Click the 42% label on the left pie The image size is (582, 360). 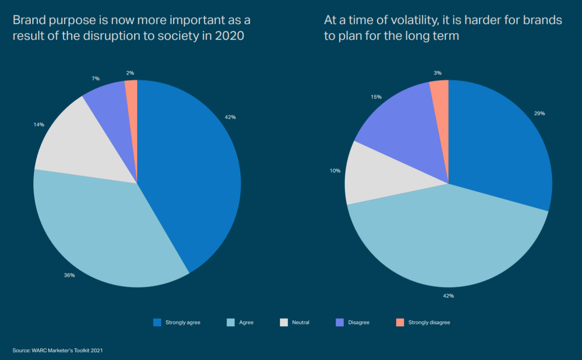[230, 117]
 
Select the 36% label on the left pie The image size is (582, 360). [69, 275]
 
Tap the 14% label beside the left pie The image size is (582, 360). [39, 124]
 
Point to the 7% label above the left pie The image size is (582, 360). [95, 78]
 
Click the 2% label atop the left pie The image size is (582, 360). [130, 73]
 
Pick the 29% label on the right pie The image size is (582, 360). [539, 113]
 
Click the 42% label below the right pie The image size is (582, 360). [448, 296]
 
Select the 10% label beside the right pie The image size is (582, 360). [335, 171]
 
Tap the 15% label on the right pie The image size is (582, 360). [376, 97]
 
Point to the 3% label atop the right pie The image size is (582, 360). [438, 73]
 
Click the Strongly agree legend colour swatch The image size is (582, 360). [157, 322]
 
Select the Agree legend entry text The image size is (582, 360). [246, 322]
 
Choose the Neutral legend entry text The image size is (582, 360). [300, 322]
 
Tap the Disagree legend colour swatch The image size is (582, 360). [340, 322]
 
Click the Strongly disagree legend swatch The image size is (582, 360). [400, 322]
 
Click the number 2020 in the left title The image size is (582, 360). [229, 36]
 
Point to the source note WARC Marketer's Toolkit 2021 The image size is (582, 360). [58, 350]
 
